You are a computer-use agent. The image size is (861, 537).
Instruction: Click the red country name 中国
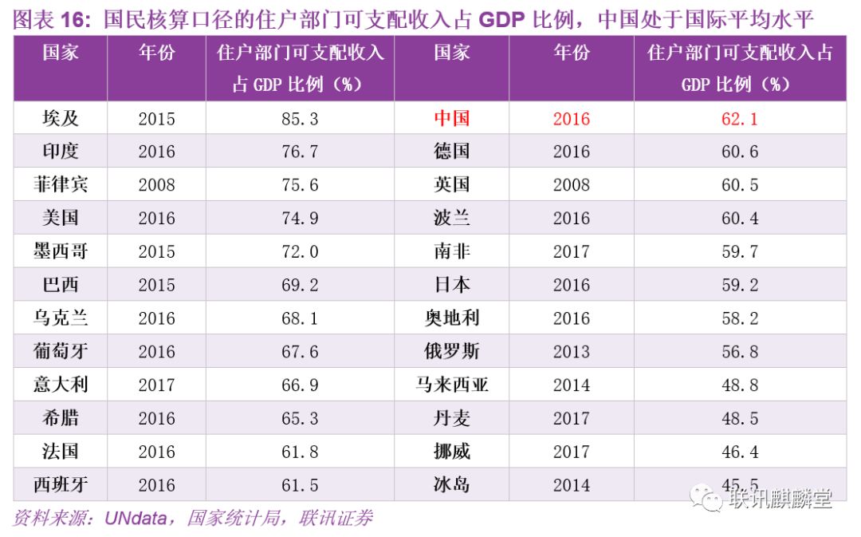click(x=452, y=118)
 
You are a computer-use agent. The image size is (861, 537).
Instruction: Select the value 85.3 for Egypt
click(x=299, y=119)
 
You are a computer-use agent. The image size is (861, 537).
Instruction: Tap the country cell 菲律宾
click(x=61, y=185)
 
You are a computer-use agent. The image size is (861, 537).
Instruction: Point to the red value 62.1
click(x=739, y=119)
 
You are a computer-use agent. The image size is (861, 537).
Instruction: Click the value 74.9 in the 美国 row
click(x=299, y=219)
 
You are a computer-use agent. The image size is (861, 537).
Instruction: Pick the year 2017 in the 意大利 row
click(x=156, y=385)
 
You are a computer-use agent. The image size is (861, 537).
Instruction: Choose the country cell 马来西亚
click(x=452, y=385)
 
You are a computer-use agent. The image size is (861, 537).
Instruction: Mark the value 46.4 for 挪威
click(x=739, y=452)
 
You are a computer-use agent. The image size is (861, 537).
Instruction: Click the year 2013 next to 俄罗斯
click(x=571, y=351)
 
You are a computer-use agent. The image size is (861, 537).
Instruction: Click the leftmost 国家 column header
click(x=61, y=53)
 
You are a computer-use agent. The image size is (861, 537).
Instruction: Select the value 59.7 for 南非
click(x=739, y=252)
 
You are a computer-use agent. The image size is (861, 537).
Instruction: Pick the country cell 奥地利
click(x=452, y=318)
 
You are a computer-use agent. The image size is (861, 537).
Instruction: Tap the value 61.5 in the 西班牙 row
click(x=299, y=485)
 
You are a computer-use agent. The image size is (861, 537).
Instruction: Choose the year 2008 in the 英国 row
click(x=571, y=185)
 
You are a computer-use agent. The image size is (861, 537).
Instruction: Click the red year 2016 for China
click(x=571, y=119)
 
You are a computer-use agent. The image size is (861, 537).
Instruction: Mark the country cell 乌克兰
click(x=61, y=318)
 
